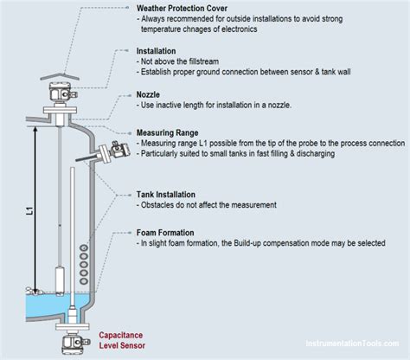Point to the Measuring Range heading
171,133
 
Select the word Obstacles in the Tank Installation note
162,205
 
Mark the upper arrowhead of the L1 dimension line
34,127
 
